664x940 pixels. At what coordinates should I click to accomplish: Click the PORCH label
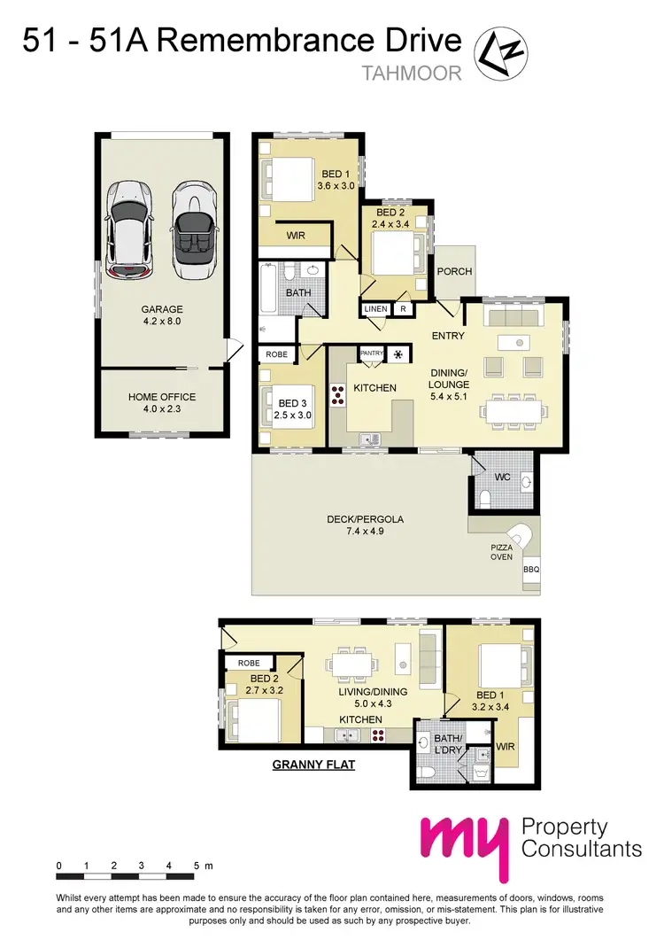click(x=455, y=272)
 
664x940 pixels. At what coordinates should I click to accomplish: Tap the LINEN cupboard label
click(x=373, y=309)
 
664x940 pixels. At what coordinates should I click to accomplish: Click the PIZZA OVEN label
click(x=502, y=553)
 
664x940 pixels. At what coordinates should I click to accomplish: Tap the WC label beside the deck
click(x=504, y=478)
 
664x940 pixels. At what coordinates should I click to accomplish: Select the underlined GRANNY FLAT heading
click(x=313, y=763)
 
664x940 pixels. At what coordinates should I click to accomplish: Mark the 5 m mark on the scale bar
click(x=196, y=865)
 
